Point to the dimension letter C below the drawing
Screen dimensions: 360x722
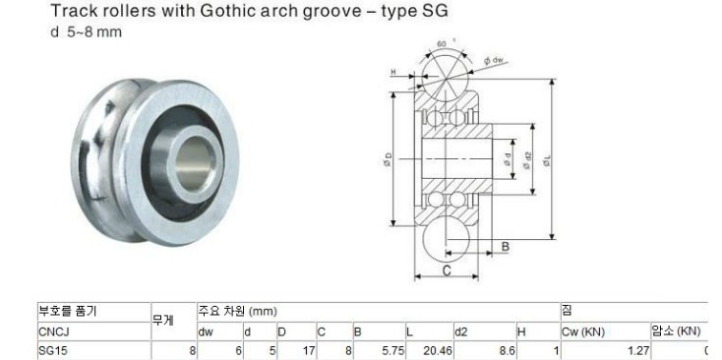point(447,270)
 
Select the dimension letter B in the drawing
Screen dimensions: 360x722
point(506,247)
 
